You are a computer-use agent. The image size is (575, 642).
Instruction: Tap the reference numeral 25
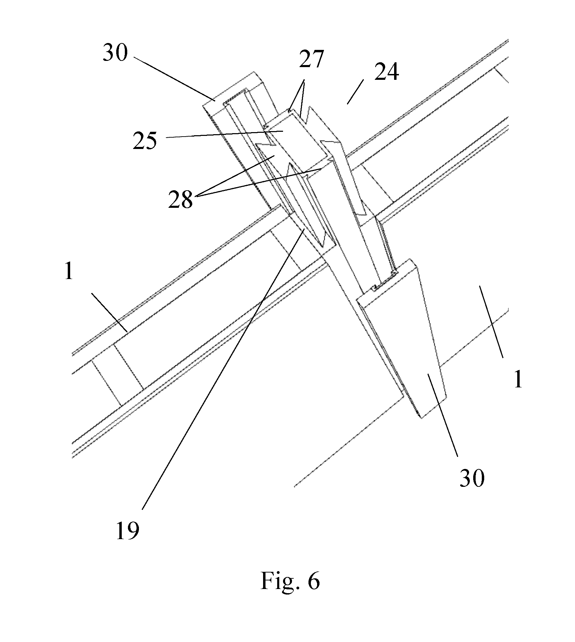coord(145,140)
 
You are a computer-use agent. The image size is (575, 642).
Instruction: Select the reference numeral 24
coord(387,72)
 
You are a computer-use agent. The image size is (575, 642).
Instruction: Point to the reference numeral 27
coord(311,59)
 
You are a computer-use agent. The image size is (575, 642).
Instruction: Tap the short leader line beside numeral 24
coord(356,92)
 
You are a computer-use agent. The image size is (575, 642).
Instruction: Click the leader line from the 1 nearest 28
coord(110,312)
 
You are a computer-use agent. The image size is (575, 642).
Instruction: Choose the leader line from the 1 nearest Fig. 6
coord(491,322)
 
